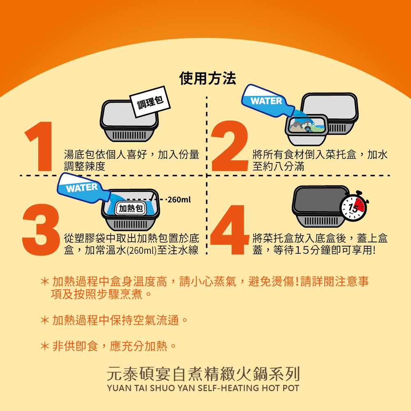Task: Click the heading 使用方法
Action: pos(207,78)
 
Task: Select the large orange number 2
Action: pos(230,146)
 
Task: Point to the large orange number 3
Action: pos(41,230)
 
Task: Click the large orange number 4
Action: pos(230,230)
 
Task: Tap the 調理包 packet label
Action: pos(150,102)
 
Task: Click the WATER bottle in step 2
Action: pos(268,101)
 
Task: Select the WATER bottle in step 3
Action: pos(83,188)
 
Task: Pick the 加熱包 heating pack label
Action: pos(131,209)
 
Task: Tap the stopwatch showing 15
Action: pos(354,207)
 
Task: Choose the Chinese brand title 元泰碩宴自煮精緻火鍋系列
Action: pos(203,374)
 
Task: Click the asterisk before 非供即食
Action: pos(45,346)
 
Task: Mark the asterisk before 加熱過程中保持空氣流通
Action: pos(45,320)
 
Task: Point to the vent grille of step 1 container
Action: pos(129,136)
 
